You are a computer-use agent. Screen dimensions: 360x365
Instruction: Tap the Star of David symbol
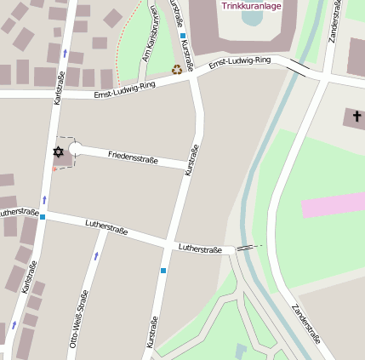click(x=58, y=151)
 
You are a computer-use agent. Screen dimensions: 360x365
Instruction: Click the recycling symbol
click(x=177, y=70)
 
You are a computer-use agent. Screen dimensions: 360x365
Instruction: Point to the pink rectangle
click(x=333, y=205)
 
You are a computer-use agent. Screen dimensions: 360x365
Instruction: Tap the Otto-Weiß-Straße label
click(x=77, y=319)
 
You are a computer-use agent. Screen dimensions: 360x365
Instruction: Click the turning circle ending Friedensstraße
click(x=75, y=150)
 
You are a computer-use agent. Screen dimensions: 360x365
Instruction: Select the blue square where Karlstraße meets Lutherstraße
click(x=43, y=217)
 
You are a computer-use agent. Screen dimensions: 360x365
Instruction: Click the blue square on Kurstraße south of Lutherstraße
click(x=163, y=271)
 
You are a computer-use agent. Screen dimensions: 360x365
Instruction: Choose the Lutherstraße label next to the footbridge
click(x=200, y=248)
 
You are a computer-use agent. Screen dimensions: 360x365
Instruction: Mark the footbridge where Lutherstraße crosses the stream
click(x=246, y=247)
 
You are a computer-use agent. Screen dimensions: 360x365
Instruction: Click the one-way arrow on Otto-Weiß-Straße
click(x=96, y=254)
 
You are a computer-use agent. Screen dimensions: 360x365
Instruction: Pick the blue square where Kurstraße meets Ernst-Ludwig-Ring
click(x=183, y=36)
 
